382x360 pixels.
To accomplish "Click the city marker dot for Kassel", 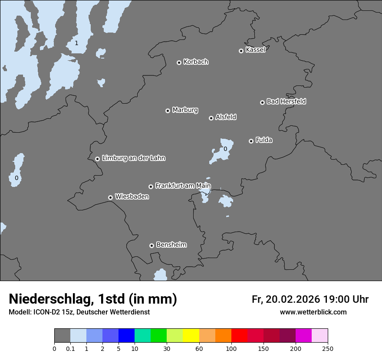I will [241, 51].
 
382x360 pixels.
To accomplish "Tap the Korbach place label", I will [196, 62].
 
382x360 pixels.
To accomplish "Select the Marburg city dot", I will [168, 111].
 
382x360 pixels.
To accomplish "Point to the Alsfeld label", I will [226, 117].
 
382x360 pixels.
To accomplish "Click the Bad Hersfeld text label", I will [286, 101].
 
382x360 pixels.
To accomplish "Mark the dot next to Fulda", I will [251, 141].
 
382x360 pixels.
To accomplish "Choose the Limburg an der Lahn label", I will [133, 158].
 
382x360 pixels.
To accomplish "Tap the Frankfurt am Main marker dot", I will [151, 187].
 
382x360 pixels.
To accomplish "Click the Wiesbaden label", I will [132, 196].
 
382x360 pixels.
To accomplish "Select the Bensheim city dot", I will [151, 245].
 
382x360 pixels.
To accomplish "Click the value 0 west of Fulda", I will [225, 149].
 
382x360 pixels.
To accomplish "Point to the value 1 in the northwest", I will [76, 43].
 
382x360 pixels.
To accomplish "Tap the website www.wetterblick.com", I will [313, 312].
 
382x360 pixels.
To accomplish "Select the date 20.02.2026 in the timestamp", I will [293, 299].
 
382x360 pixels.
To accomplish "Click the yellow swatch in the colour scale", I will [191, 336].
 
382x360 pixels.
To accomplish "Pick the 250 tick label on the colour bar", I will [328, 349].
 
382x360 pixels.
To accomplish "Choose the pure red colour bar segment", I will [239, 336].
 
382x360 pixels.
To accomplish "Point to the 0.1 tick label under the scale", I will [70, 349].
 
